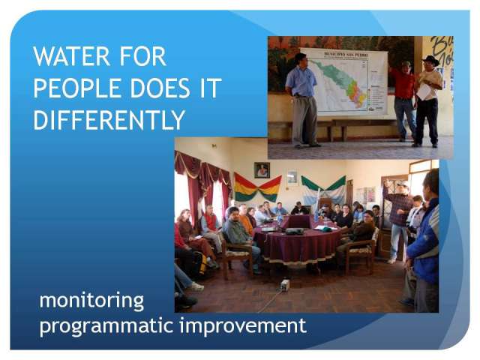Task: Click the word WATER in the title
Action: tap(71, 56)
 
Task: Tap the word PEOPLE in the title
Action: tap(77, 88)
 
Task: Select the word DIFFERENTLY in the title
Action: tap(109, 120)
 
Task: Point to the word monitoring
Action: tap(91, 301)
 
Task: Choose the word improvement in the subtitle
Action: tap(243, 325)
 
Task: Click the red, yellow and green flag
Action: tap(258, 187)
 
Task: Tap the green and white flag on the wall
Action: tap(323, 187)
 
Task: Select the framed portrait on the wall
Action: tap(262, 170)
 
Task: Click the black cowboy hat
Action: tap(430, 60)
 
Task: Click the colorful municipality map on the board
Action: tap(339, 85)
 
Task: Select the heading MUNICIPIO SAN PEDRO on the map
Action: tap(346, 55)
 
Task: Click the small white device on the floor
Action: tap(285, 285)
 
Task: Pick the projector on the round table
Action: tap(294, 231)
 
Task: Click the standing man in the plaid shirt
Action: tap(397, 221)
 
